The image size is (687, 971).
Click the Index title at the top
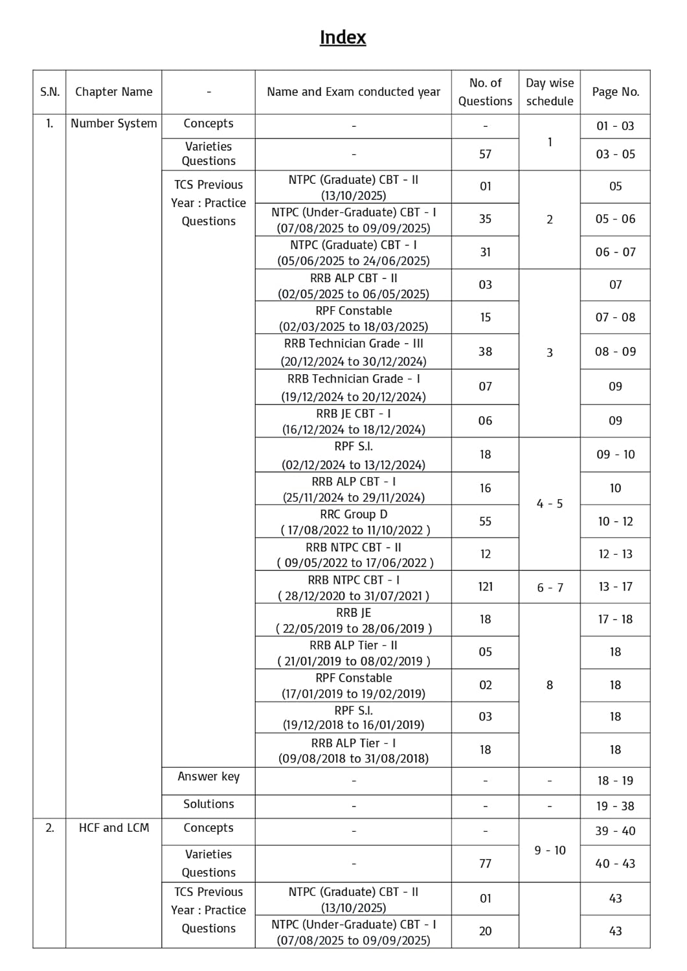(x=343, y=38)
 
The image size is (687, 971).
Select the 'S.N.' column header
(x=50, y=92)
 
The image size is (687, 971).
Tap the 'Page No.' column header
(x=615, y=92)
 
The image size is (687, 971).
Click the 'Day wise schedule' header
(x=549, y=92)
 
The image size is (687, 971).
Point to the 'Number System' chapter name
(x=114, y=124)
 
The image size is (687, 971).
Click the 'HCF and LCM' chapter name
(x=114, y=828)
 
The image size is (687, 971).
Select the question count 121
(x=485, y=586)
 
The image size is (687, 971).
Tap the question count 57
(x=485, y=154)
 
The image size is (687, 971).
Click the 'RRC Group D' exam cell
(x=354, y=522)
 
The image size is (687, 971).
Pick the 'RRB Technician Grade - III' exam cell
(x=354, y=352)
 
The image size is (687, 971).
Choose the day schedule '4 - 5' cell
(x=550, y=504)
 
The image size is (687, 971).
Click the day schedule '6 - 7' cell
(x=550, y=588)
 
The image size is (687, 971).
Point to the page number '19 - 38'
(x=615, y=806)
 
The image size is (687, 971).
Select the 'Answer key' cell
(x=208, y=777)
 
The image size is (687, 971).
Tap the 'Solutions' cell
(x=208, y=804)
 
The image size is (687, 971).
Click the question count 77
(x=485, y=864)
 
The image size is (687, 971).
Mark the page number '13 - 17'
(x=615, y=586)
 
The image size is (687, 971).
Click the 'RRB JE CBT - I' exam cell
(x=354, y=421)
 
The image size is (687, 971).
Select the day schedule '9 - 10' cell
(x=550, y=850)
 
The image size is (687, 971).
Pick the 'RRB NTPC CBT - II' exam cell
(x=354, y=554)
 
